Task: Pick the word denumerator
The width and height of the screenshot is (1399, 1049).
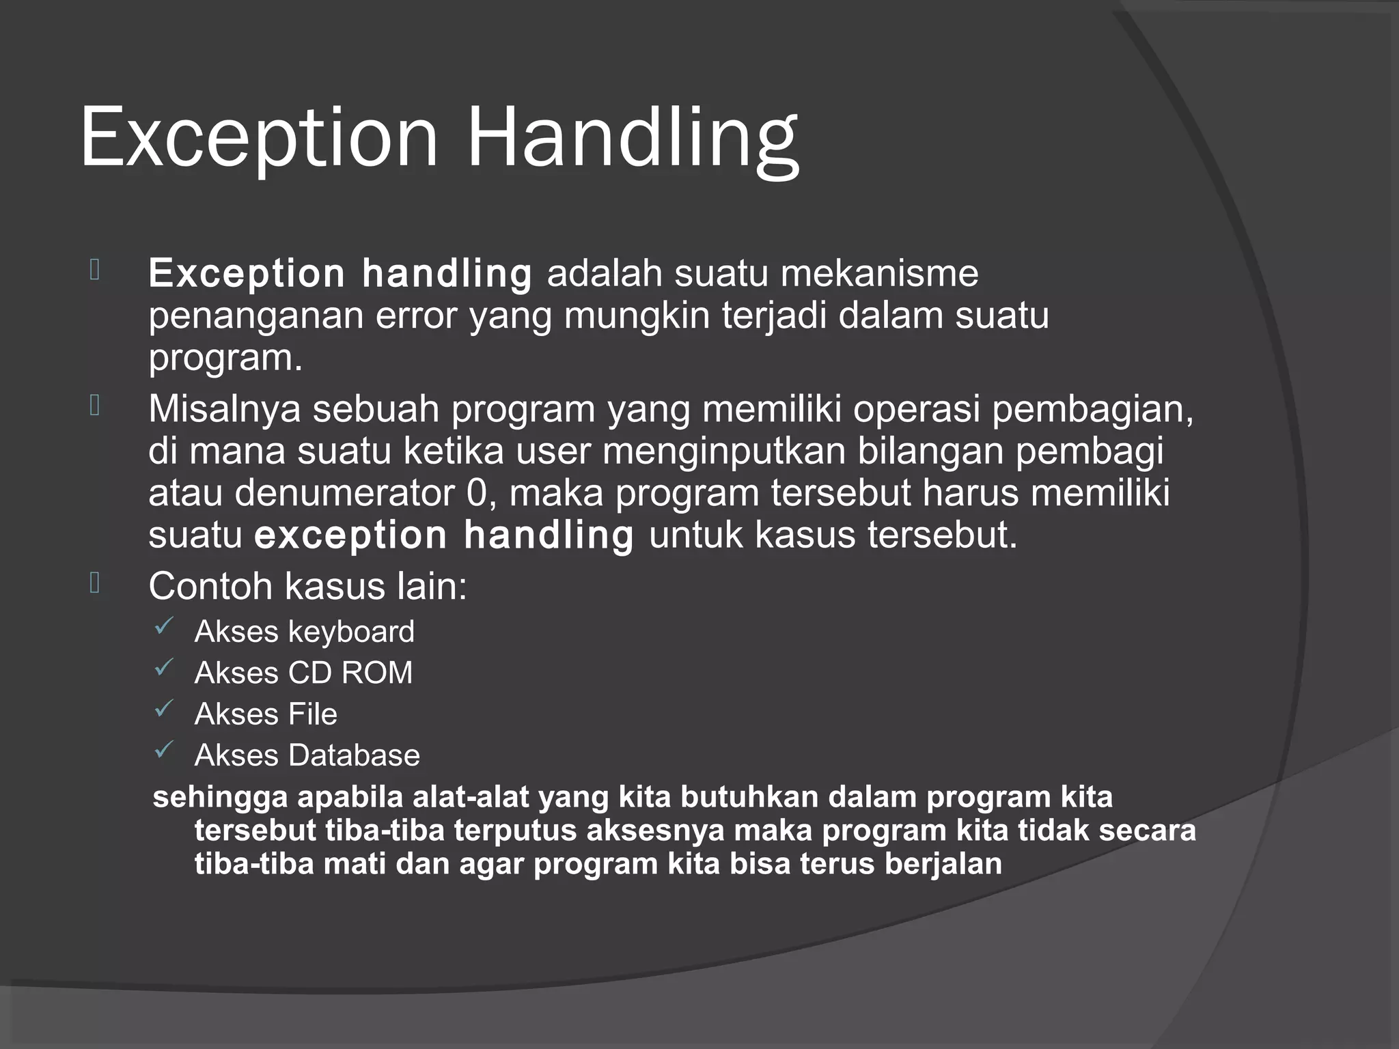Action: pos(345,493)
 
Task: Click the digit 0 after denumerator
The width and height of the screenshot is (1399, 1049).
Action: pos(477,493)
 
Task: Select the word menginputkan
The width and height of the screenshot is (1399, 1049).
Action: pos(723,451)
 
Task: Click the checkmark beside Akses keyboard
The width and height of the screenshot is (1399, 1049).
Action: pos(164,627)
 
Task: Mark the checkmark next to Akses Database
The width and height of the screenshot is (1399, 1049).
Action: pos(164,751)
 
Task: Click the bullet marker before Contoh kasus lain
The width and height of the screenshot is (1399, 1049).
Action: pos(95,583)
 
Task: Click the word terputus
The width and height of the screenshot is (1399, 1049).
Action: pos(514,831)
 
